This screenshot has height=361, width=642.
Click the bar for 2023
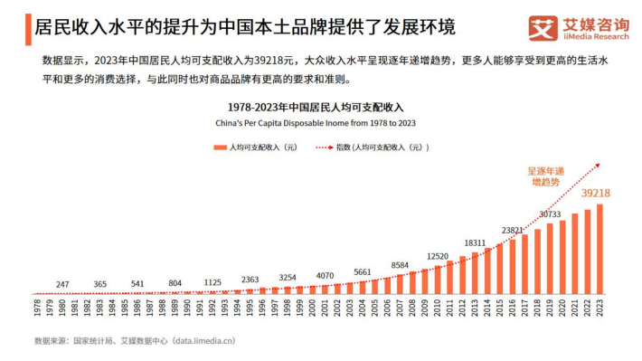click(600, 249)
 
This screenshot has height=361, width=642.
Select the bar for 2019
click(550, 259)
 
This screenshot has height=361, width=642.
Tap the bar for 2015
click(499, 270)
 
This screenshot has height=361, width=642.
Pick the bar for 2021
click(575, 253)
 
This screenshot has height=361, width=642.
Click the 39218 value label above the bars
click(596, 193)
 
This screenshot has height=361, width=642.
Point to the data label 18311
click(475, 243)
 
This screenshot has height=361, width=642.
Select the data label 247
click(62, 284)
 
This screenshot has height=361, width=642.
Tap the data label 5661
click(363, 272)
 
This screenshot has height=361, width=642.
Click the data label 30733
click(550, 214)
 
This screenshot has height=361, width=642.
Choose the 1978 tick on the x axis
click(37, 308)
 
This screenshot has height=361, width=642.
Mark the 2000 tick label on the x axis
click(312, 308)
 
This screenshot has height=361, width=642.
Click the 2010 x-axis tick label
click(438, 308)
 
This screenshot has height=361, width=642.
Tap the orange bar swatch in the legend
click(220, 147)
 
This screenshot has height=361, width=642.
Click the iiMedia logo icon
click(543, 28)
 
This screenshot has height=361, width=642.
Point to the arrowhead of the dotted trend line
click(598, 166)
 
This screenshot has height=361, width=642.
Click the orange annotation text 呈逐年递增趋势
click(546, 176)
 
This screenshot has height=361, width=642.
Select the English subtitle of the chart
click(316, 123)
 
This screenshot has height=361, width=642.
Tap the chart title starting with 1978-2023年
click(316, 108)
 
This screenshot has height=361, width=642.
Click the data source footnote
click(135, 341)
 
